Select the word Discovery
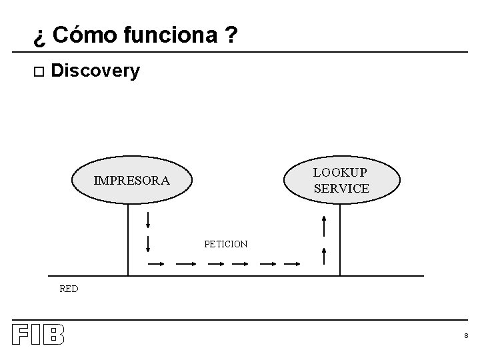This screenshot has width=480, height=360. pyautogui.click(x=95, y=71)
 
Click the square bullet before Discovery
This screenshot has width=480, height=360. pyautogui.click(x=38, y=71)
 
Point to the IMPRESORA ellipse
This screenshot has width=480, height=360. pyautogui.click(x=131, y=179)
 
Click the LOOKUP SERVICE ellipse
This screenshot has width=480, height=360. pyautogui.click(x=341, y=179)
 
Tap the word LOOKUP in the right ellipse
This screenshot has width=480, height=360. pyautogui.click(x=341, y=172)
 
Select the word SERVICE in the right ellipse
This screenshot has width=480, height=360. pyautogui.click(x=341, y=189)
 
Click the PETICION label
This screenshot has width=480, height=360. pyautogui.click(x=226, y=245)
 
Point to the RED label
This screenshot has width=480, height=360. pyautogui.click(x=69, y=289)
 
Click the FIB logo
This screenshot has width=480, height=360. pyautogui.click(x=38, y=335)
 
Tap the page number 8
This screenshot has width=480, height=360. pyautogui.click(x=466, y=336)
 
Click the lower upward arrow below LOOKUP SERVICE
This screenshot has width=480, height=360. pyautogui.click(x=323, y=255)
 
